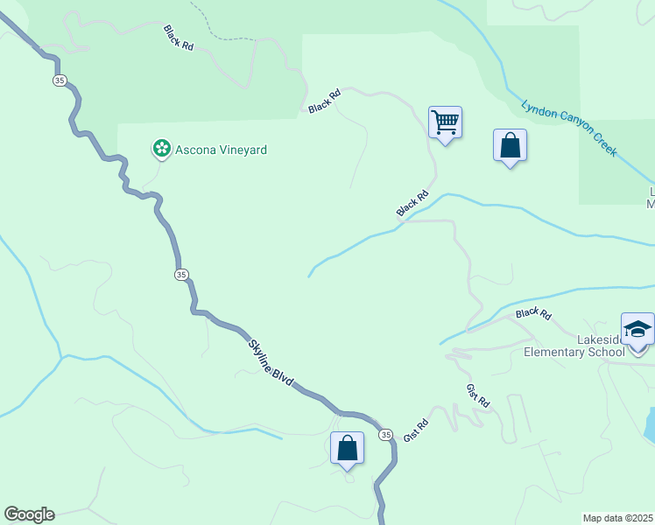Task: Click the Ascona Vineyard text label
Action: click(x=220, y=150)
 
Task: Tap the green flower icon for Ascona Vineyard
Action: click(x=162, y=150)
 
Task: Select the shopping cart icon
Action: click(x=445, y=122)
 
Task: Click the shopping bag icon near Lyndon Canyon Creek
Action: click(x=510, y=145)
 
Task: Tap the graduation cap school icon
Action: click(x=637, y=329)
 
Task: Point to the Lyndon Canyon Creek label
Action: click(x=569, y=129)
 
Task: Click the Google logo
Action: click(x=29, y=514)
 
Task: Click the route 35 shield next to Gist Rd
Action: click(x=385, y=434)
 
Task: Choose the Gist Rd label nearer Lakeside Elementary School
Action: click(x=477, y=395)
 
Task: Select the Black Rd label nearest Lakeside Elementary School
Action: click(x=533, y=313)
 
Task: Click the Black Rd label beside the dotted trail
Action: click(x=178, y=37)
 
